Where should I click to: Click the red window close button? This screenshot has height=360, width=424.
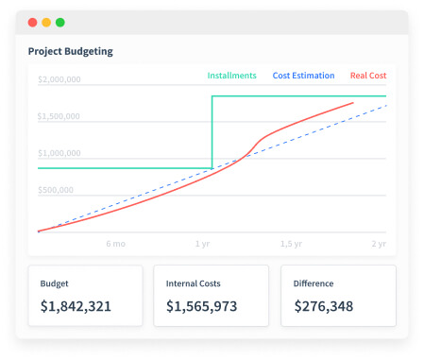click(33, 22)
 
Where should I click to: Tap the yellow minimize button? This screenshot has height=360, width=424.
click(46, 22)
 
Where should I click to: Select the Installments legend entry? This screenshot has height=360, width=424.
click(231, 76)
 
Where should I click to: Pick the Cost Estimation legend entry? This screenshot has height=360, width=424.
click(302, 76)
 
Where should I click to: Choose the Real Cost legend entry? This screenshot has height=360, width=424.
click(367, 76)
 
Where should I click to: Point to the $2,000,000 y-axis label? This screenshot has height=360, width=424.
click(59, 80)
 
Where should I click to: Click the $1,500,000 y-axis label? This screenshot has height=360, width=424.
click(59, 117)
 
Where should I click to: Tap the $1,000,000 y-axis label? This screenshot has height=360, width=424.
click(59, 153)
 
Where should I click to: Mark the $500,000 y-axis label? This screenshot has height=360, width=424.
click(56, 189)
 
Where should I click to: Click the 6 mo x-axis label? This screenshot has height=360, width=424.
click(115, 243)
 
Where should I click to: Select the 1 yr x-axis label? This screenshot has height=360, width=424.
click(202, 243)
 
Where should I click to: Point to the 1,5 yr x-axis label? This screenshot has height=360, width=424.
click(291, 243)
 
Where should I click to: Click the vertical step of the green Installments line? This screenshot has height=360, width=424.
click(212, 132)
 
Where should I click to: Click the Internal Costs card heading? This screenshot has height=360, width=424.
click(195, 283)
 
